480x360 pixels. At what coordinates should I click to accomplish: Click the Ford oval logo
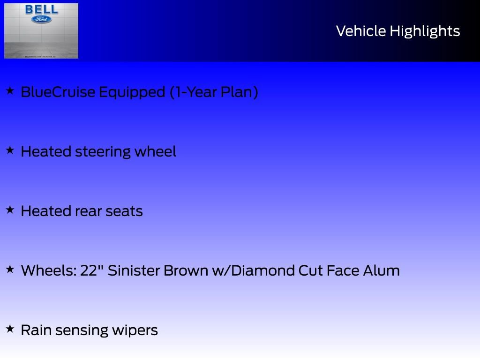tap(42, 19)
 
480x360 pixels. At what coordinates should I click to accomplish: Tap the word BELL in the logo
tap(42, 9)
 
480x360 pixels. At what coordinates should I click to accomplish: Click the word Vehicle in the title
tap(361, 31)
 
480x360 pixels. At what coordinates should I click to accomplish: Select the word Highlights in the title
tap(425, 31)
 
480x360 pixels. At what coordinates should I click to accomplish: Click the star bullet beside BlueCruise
tap(10, 91)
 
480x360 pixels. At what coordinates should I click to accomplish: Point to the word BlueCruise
tap(58, 92)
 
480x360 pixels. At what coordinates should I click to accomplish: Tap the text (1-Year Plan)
tap(214, 92)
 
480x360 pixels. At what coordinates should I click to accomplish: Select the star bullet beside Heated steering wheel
tap(10, 150)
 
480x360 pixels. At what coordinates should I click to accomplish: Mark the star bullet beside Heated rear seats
tap(10, 210)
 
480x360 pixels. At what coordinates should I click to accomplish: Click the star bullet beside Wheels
tap(10, 270)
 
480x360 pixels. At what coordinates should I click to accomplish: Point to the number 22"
tap(91, 270)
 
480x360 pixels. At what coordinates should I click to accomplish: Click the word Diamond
tap(261, 270)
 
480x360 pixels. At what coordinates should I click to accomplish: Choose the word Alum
tap(381, 270)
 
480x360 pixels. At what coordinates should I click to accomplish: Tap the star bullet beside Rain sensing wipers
tap(10, 329)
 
